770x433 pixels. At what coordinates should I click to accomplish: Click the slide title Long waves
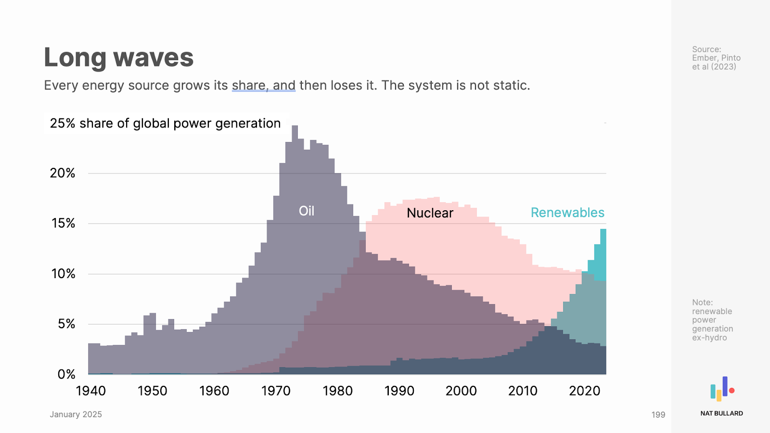[x=118, y=57]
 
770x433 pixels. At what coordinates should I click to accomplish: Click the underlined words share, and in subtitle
[x=263, y=86]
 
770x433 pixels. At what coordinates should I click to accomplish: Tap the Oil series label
[x=307, y=211]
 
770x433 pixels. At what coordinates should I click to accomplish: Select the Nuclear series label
[x=430, y=213]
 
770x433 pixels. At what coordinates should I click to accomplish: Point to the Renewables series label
[x=567, y=213]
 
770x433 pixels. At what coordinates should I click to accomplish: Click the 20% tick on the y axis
[x=63, y=173]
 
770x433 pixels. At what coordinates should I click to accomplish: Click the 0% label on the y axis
[x=66, y=374]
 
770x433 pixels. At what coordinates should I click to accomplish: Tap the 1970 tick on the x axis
[x=276, y=391]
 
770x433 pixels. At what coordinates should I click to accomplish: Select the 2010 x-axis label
[x=523, y=391]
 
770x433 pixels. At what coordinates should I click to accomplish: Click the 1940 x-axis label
[x=91, y=391]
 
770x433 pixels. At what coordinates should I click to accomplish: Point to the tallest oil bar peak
[x=295, y=128]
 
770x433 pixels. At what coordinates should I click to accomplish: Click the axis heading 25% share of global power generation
[x=165, y=123]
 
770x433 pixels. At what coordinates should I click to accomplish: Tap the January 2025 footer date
[x=76, y=414]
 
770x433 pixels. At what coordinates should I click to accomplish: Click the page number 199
[x=658, y=415]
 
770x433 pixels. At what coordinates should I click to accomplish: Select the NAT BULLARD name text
[x=721, y=413]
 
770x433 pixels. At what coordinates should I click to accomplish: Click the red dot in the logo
[x=731, y=391]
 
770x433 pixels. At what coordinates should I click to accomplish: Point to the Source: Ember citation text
[x=716, y=58]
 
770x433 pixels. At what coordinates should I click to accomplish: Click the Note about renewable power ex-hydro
[x=712, y=320]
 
